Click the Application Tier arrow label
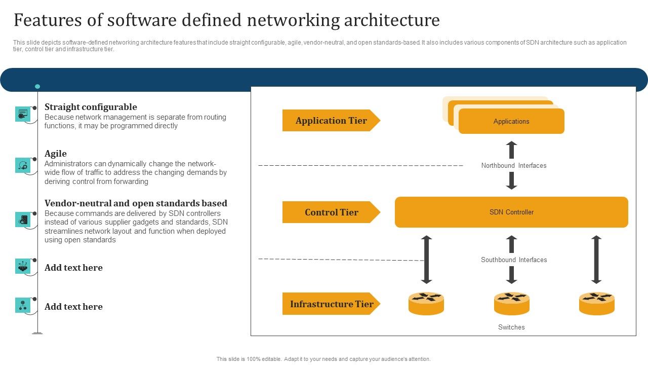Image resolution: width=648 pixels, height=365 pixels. (331, 121)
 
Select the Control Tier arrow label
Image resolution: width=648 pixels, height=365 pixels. (331, 212)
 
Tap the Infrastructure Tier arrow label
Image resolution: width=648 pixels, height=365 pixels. (331, 304)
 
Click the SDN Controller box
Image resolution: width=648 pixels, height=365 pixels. (511, 212)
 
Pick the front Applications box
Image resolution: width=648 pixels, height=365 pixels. (511, 122)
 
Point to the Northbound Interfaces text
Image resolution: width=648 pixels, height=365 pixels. (513, 166)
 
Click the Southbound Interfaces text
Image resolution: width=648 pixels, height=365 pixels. (513, 260)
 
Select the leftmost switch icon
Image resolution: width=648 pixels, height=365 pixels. (426, 303)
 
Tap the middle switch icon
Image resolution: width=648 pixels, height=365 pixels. (511, 303)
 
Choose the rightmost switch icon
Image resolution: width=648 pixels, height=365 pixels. (596, 303)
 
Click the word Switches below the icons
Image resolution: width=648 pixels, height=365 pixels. (511, 327)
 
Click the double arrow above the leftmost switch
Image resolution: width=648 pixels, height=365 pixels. (427, 260)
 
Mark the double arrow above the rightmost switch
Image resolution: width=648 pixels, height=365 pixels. (596, 260)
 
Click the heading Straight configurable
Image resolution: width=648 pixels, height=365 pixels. (91, 107)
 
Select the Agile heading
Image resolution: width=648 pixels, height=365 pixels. (56, 154)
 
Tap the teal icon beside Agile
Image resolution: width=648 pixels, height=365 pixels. (23, 165)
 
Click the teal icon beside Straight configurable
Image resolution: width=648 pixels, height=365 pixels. (23, 114)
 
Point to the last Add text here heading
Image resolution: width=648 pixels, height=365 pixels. (73, 307)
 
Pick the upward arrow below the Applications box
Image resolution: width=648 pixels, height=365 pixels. (511, 150)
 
